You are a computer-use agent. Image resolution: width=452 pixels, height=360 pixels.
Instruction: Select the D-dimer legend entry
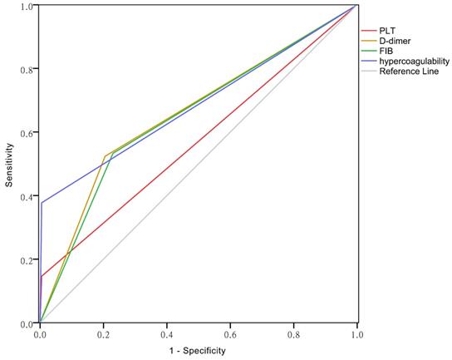pyautogui.click(x=394, y=41)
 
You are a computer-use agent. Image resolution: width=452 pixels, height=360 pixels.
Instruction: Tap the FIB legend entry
pyautogui.click(x=386, y=52)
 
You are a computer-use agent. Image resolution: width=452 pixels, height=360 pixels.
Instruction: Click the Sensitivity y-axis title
pyautogui.click(x=9, y=164)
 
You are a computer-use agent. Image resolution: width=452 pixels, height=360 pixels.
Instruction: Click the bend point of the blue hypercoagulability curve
pyautogui.click(x=42, y=202)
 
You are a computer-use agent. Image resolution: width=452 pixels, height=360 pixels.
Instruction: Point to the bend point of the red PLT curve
pyautogui.click(x=41, y=276)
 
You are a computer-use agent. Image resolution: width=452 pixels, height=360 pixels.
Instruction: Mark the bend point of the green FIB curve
pyautogui.click(x=112, y=154)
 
